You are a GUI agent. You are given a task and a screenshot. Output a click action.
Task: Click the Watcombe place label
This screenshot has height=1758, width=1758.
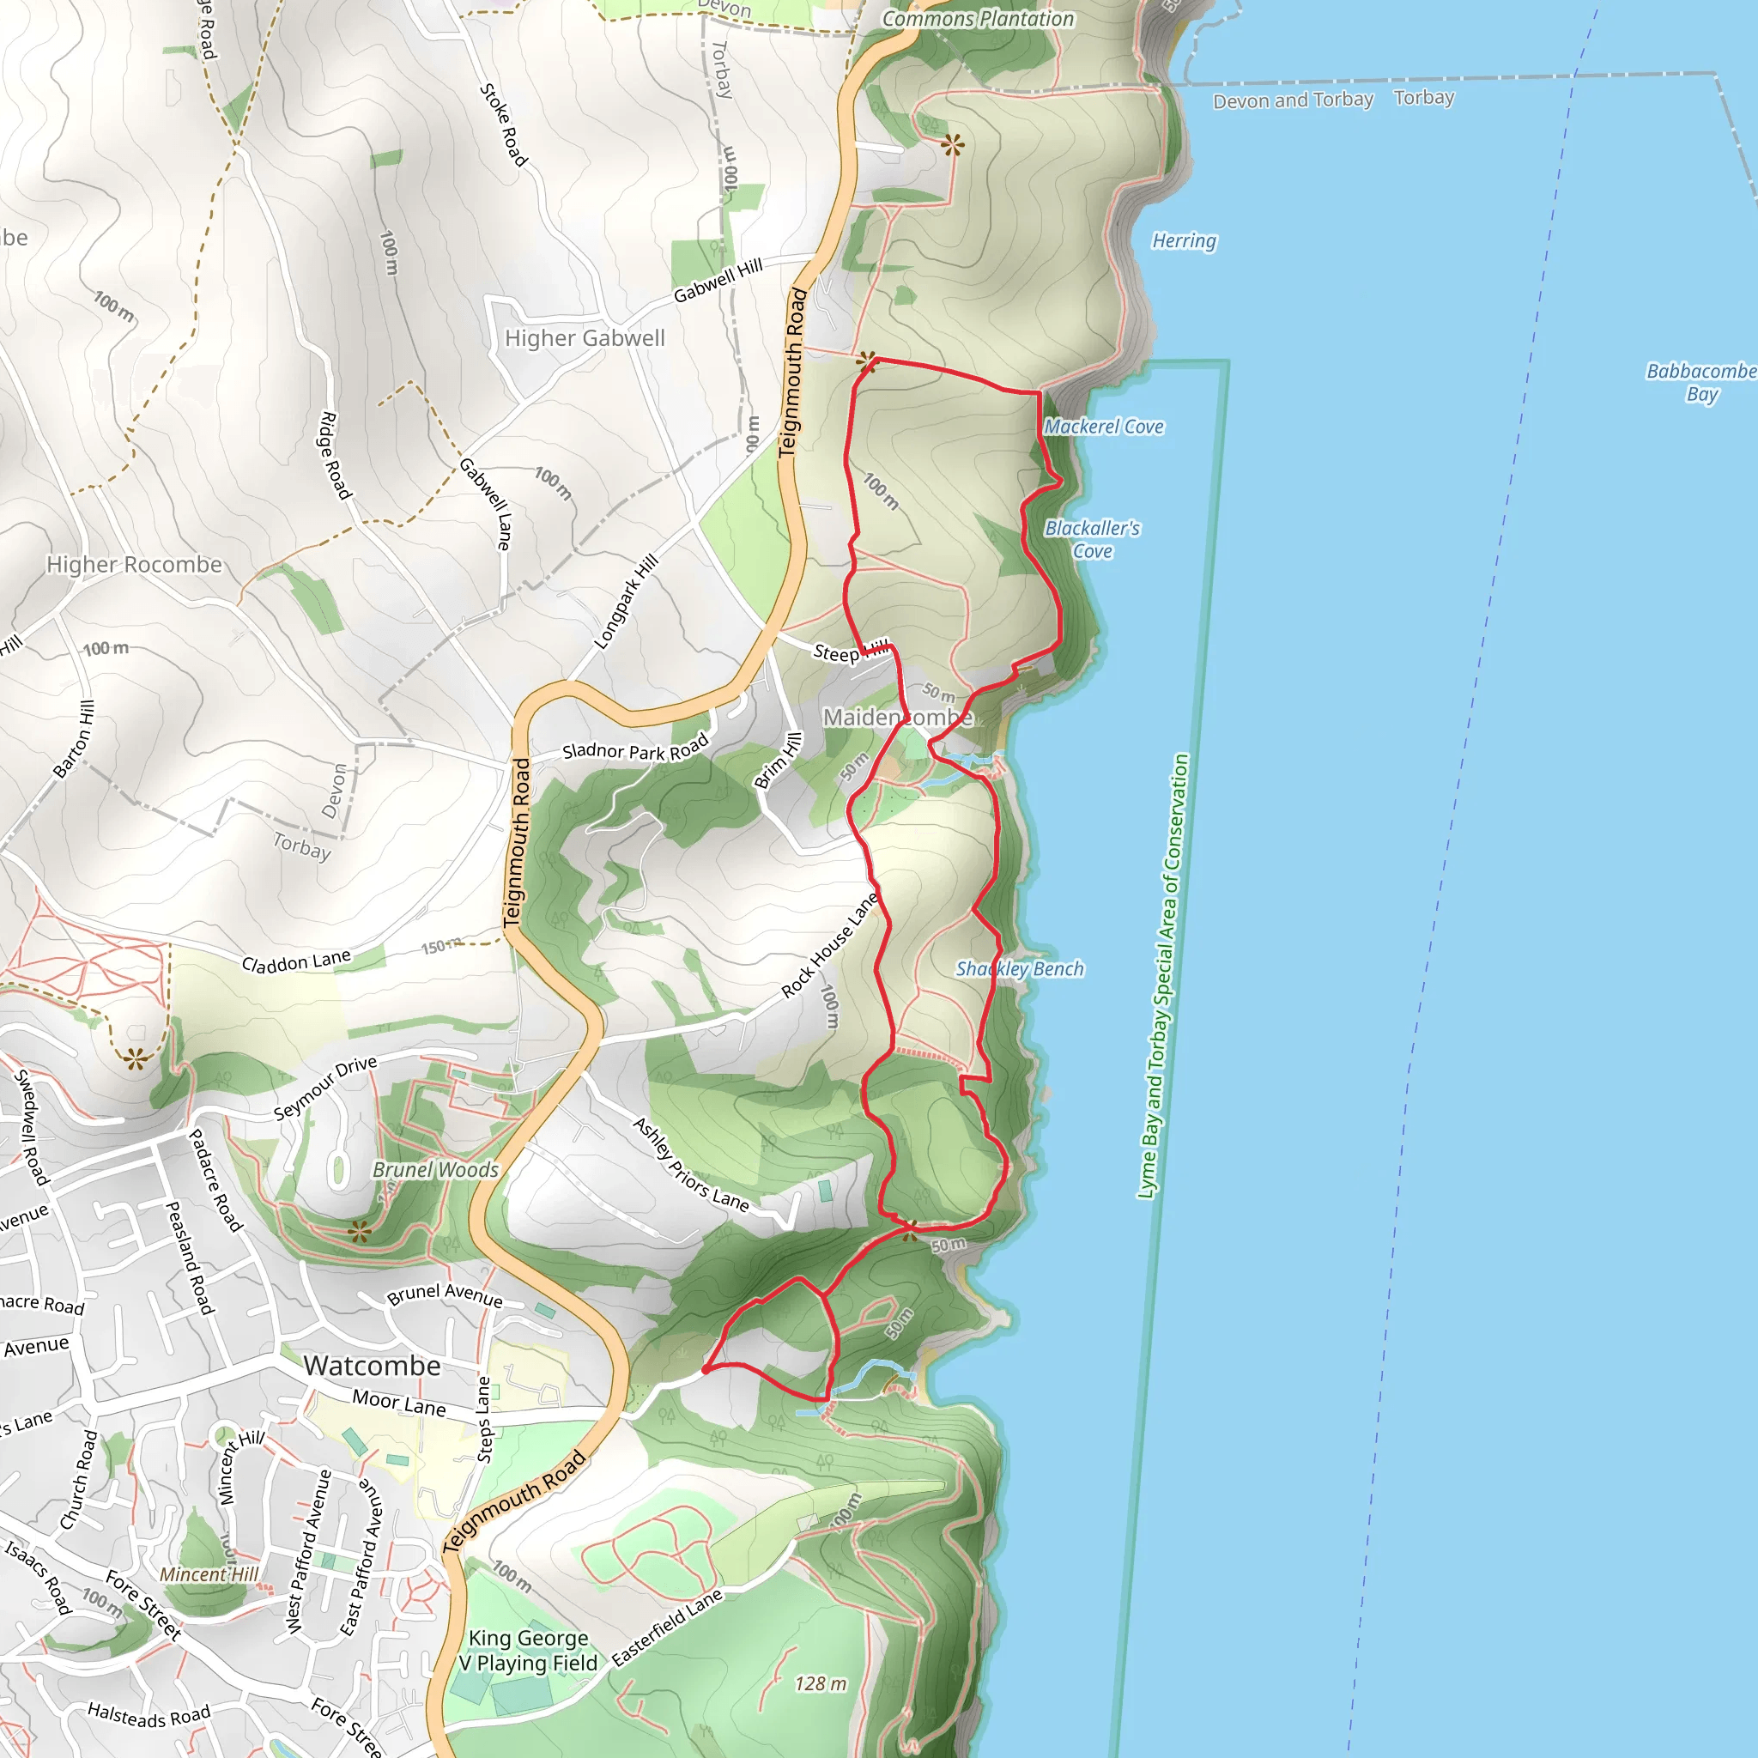(x=373, y=1366)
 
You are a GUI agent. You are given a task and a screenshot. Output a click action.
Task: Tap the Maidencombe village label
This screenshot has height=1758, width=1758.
(x=897, y=718)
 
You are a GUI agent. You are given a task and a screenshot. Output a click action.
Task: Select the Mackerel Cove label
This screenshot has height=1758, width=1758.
(x=1103, y=427)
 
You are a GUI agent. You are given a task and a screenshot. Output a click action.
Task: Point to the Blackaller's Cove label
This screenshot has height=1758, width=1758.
(x=1092, y=540)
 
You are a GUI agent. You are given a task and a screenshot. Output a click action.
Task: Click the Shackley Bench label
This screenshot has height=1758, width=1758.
(x=1019, y=969)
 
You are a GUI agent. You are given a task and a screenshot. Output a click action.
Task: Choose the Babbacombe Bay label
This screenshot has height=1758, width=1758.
(x=1700, y=382)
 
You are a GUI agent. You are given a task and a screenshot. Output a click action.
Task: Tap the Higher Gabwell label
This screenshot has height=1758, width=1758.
(x=585, y=338)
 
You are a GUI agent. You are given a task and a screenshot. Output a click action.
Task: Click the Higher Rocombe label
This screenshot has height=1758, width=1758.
(x=134, y=565)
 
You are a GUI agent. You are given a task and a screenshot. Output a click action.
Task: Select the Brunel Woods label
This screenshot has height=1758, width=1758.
(x=436, y=1170)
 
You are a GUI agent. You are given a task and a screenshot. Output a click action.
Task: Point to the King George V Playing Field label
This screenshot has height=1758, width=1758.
(x=528, y=1651)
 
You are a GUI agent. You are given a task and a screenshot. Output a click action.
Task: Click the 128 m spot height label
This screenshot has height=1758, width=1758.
(x=820, y=1684)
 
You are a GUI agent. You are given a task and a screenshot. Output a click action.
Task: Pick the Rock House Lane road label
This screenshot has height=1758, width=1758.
(x=830, y=944)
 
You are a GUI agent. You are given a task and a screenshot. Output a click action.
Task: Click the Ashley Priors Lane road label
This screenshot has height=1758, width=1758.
(x=692, y=1165)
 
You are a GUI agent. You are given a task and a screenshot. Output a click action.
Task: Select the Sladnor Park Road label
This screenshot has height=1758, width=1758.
(x=635, y=749)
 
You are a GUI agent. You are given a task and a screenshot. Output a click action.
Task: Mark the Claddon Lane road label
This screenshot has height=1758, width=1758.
(x=296, y=961)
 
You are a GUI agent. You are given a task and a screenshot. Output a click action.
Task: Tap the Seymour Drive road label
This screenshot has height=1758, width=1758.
(x=324, y=1088)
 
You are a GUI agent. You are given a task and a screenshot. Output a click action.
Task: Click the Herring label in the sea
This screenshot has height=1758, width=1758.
(x=1184, y=241)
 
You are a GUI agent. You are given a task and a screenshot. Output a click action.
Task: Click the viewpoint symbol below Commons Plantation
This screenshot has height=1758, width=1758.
(x=953, y=145)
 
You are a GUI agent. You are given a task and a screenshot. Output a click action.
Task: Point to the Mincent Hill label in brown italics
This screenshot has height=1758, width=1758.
(x=209, y=1574)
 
